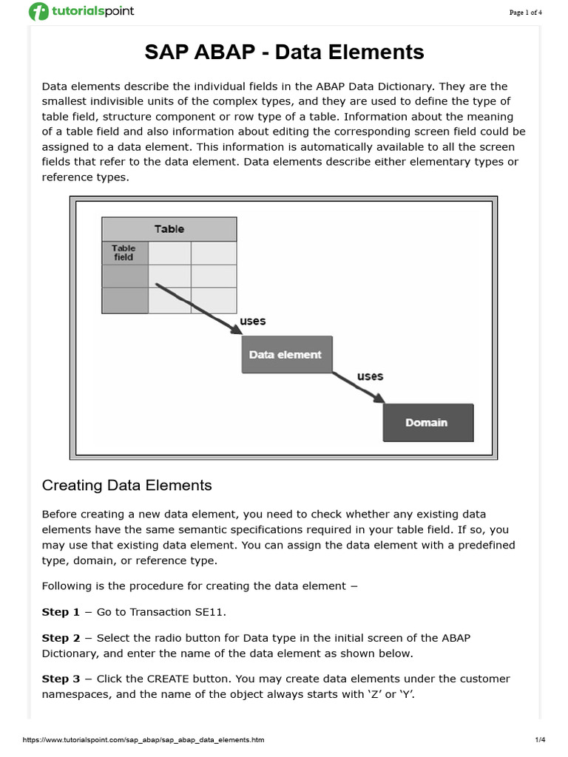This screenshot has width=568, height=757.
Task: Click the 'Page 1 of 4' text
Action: click(x=526, y=12)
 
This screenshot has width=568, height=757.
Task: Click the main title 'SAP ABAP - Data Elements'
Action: click(x=283, y=52)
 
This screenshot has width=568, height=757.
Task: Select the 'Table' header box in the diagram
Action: click(x=169, y=229)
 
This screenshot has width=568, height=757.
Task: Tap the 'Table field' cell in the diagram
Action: click(x=124, y=253)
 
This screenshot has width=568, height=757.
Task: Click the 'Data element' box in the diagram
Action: click(x=285, y=355)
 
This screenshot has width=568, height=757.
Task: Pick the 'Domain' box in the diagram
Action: click(x=427, y=423)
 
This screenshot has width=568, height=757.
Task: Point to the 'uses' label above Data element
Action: click(x=253, y=322)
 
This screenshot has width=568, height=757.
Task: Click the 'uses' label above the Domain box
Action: click(x=371, y=376)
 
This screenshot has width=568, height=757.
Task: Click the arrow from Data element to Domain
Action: click(x=358, y=387)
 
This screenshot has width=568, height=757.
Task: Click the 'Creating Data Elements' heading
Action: click(x=127, y=486)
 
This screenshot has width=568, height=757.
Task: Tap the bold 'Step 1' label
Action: click(x=61, y=613)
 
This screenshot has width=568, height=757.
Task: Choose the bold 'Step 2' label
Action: click(x=61, y=638)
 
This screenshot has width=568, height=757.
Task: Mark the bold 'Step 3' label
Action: click(x=61, y=679)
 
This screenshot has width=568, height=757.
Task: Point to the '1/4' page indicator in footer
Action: click(x=539, y=740)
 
